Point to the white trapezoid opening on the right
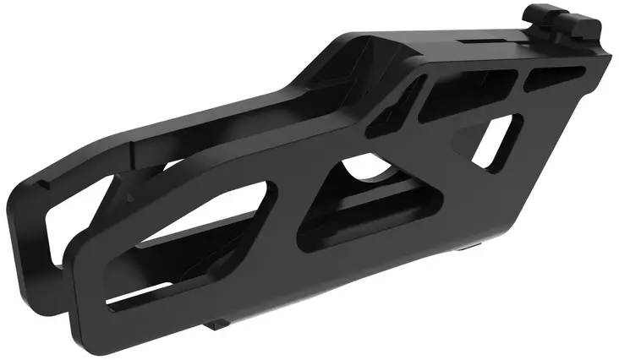point(495,144)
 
